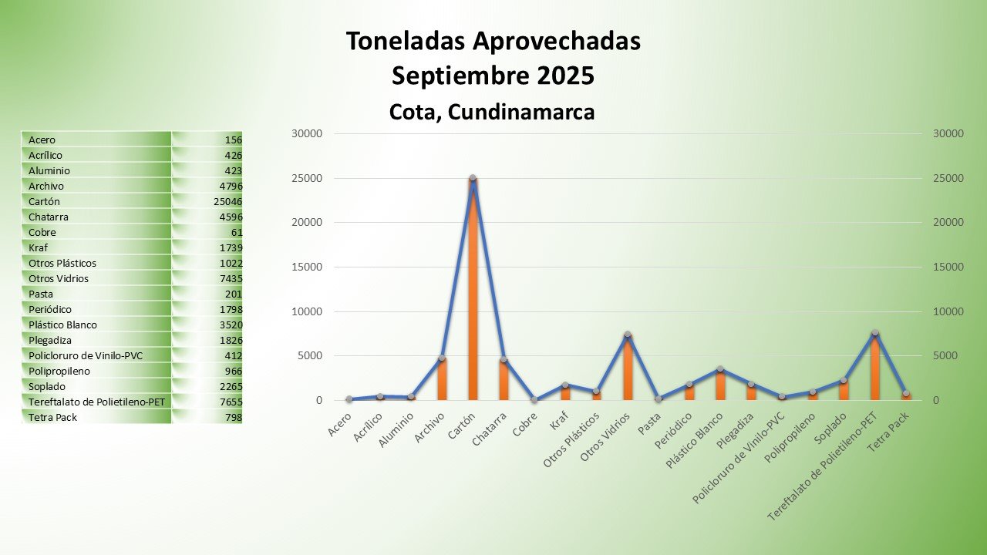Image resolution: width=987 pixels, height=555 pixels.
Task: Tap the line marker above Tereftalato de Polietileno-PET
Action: [x=874, y=333]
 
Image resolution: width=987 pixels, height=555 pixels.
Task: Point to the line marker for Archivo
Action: [x=442, y=358]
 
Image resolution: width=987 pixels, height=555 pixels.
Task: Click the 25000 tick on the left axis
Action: [x=307, y=178]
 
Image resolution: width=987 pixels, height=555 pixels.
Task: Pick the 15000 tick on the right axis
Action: [x=948, y=267]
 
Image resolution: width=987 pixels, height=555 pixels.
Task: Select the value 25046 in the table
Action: [x=228, y=201]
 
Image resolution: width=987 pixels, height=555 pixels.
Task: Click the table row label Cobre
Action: [x=42, y=232]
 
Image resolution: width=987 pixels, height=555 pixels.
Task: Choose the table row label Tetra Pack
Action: [x=52, y=417]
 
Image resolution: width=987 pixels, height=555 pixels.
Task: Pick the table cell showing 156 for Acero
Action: [x=233, y=140]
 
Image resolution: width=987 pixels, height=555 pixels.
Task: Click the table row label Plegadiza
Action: [x=52, y=340]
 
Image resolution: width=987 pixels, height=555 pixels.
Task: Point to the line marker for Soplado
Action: [x=844, y=380]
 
